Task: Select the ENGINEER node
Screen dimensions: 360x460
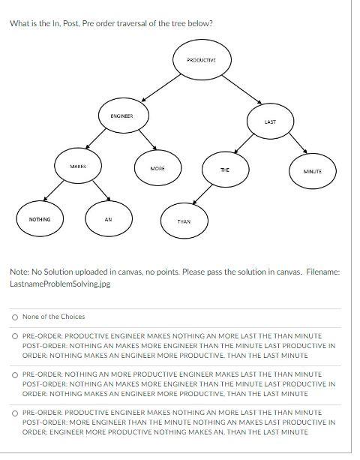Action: (121, 116)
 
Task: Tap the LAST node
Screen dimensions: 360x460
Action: (270, 121)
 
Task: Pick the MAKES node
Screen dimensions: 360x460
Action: (78, 166)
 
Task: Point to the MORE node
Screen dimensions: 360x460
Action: (157, 169)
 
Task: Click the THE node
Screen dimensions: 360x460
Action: (224, 171)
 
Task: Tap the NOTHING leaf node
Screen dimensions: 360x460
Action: (40, 219)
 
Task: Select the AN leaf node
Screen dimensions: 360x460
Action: (108, 220)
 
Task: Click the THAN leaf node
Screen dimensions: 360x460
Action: (184, 221)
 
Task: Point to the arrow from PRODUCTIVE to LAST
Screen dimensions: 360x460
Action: (235, 91)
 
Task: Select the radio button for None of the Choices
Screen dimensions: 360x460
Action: (14, 317)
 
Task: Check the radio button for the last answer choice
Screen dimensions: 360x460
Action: (14, 413)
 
